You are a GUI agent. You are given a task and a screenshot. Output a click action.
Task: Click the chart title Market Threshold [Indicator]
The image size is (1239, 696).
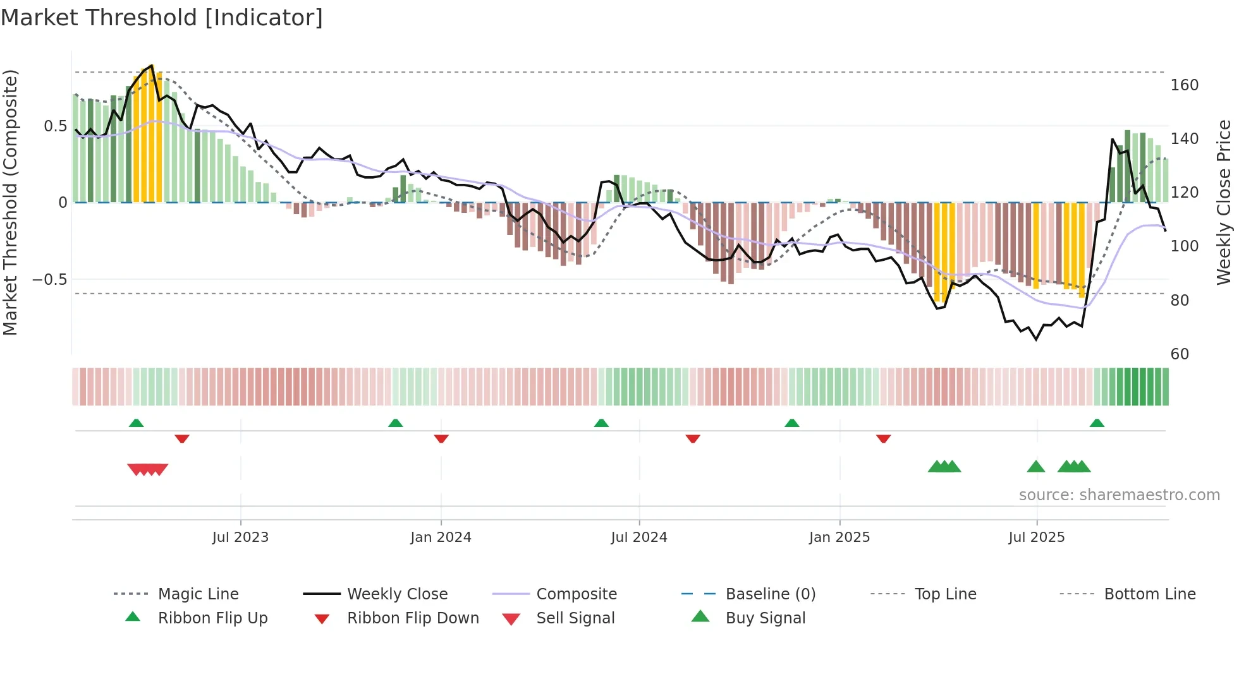coord(162,18)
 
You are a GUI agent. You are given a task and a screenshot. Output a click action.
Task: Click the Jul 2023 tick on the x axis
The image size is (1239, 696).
coord(240,537)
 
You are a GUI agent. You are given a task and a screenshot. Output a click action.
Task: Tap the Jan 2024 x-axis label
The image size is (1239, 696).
coord(441,537)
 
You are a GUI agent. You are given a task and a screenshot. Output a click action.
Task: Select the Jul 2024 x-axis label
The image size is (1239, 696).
coord(639,537)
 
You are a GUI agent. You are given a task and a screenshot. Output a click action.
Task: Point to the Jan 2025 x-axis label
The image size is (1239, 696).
coord(839,537)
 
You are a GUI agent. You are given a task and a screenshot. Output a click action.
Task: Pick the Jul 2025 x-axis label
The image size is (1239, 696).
coord(1037,537)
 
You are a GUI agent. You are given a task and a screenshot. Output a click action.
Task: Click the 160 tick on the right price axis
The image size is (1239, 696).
coord(1184,85)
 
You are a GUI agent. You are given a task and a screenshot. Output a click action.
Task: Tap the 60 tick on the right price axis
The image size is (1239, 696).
coord(1180,354)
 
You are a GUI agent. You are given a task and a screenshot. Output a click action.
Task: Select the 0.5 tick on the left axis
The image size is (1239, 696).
coord(55,126)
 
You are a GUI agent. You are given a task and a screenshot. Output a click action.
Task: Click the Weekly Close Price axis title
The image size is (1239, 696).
coord(1224,202)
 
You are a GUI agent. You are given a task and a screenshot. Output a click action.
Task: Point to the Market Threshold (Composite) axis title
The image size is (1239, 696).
coord(10,202)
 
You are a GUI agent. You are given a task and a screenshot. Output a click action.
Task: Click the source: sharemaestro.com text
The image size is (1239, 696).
coord(1119,495)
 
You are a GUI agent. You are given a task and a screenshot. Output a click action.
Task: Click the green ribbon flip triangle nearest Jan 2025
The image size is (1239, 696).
coord(791,423)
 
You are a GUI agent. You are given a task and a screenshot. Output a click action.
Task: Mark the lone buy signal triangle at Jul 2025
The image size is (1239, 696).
coord(1035,467)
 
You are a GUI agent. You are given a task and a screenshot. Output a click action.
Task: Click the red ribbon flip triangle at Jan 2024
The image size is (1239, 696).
coord(441,438)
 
